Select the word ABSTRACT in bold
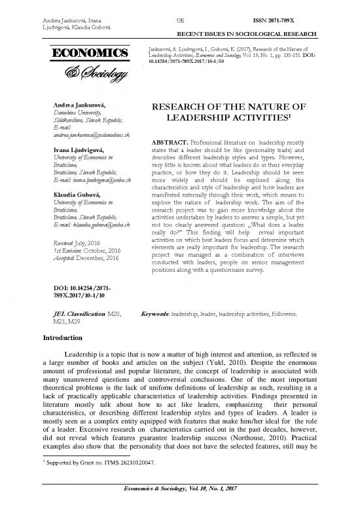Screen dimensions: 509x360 pos(173,142)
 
